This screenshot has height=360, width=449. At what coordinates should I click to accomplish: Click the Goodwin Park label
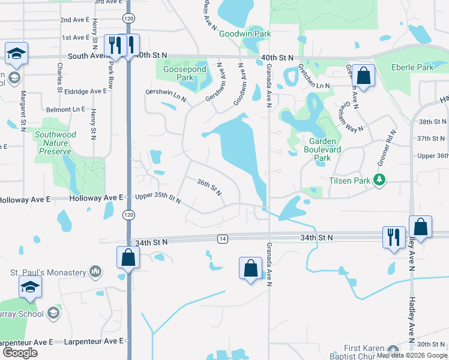pos(245,34)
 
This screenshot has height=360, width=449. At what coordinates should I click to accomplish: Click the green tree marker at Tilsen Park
pos(379,179)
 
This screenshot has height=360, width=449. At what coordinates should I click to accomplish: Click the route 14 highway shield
pos(223,239)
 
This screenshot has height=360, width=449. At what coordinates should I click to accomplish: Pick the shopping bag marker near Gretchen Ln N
pos(363,76)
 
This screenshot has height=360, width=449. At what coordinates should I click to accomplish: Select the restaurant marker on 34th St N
pos(394,236)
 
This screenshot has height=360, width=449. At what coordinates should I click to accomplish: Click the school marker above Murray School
pos(30,287)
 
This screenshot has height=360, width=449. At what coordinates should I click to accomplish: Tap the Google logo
pos(20,353)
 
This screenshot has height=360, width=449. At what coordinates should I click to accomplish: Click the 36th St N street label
pos(209,187)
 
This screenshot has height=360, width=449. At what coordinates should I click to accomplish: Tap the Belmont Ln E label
pos(65,110)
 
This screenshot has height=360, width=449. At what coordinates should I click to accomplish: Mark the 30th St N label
pos(431,344)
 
